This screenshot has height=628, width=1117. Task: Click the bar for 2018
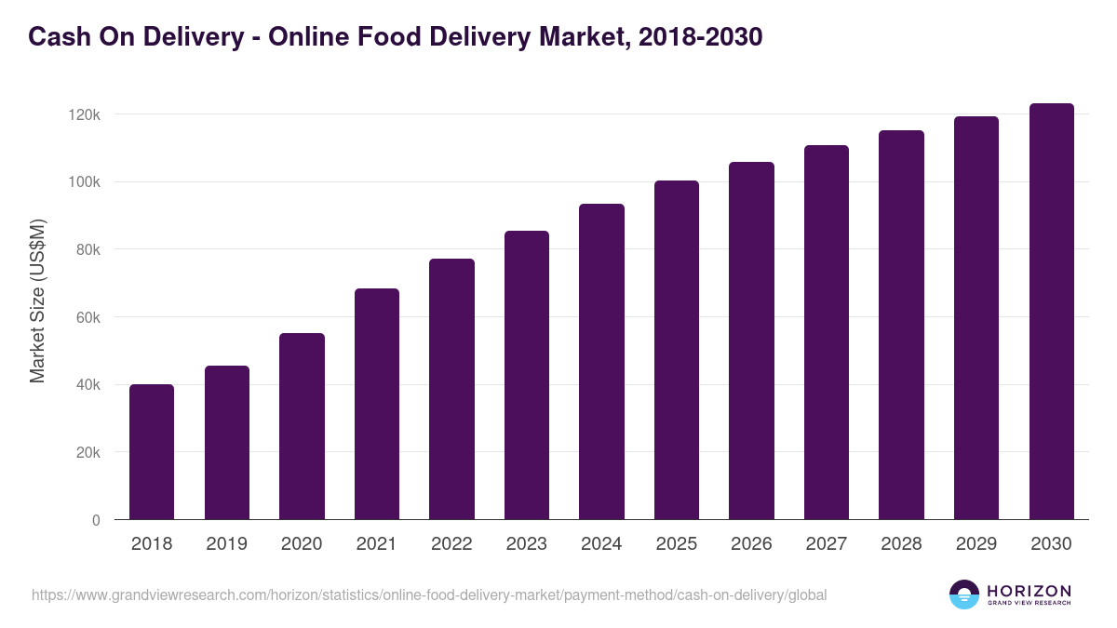[152, 451]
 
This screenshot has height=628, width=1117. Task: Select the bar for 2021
[377, 404]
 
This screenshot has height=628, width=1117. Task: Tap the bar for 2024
[601, 361]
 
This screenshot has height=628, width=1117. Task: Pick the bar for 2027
[827, 332]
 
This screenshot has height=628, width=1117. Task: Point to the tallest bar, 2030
[1051, 311]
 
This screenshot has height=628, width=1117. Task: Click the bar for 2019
[227, 442]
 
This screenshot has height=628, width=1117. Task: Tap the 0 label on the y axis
[96, 520]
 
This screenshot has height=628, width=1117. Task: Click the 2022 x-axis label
[451, 544]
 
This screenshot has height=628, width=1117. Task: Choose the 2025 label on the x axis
[677, 544]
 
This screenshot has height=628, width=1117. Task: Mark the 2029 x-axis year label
[976, 544]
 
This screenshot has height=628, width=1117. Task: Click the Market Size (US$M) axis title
[37, 301]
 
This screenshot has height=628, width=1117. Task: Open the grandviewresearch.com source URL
[428, 595]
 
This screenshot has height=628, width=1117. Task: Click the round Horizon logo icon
[964, 595]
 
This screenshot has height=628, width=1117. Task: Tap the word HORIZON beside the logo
[1029, 591]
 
